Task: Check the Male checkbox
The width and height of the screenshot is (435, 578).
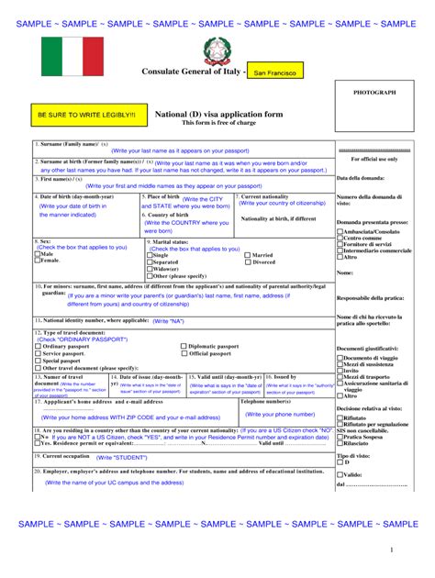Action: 37,254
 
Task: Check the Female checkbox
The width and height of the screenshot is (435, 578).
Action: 37,261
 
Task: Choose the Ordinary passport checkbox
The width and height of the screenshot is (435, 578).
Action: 37,347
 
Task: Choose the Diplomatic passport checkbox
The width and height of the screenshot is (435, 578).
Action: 184,347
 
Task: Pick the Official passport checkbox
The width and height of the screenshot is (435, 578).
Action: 184,353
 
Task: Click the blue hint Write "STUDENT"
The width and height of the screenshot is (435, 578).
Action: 117,456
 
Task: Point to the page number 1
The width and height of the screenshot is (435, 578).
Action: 390,550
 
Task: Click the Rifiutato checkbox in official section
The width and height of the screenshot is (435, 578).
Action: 340,417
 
